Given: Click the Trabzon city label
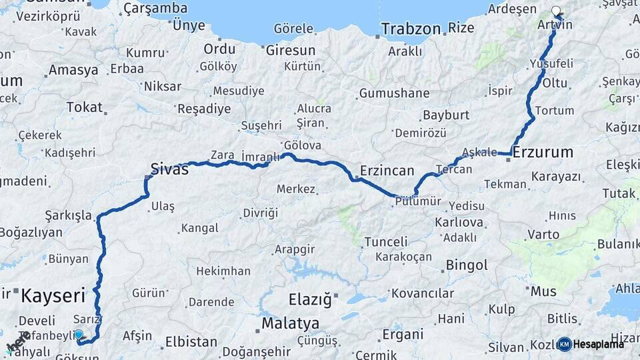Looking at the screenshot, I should tap(411, 29).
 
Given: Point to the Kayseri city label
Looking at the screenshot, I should tap(53, 295).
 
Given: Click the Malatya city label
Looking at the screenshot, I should tap(290, 323).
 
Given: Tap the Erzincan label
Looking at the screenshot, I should tap(387, 171).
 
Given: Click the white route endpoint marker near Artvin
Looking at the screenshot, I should tap(557, 11).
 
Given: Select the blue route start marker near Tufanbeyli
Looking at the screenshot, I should tap(79, 334).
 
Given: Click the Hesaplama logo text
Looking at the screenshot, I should tap(599, 344).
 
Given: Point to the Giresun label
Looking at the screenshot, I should tap(291, 50).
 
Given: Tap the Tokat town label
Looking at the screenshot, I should tap(85, 107).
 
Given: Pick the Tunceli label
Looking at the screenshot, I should tap(386, 242).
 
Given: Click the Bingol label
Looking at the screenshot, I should tap(467, 265).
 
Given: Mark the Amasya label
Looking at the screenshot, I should tap(73, 70).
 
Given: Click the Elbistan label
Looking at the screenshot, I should tap(191, 342).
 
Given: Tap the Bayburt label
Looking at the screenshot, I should tap(446, 115).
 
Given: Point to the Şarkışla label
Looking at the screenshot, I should tap(68, 215).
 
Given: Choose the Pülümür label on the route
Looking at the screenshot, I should tap(418, 201).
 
